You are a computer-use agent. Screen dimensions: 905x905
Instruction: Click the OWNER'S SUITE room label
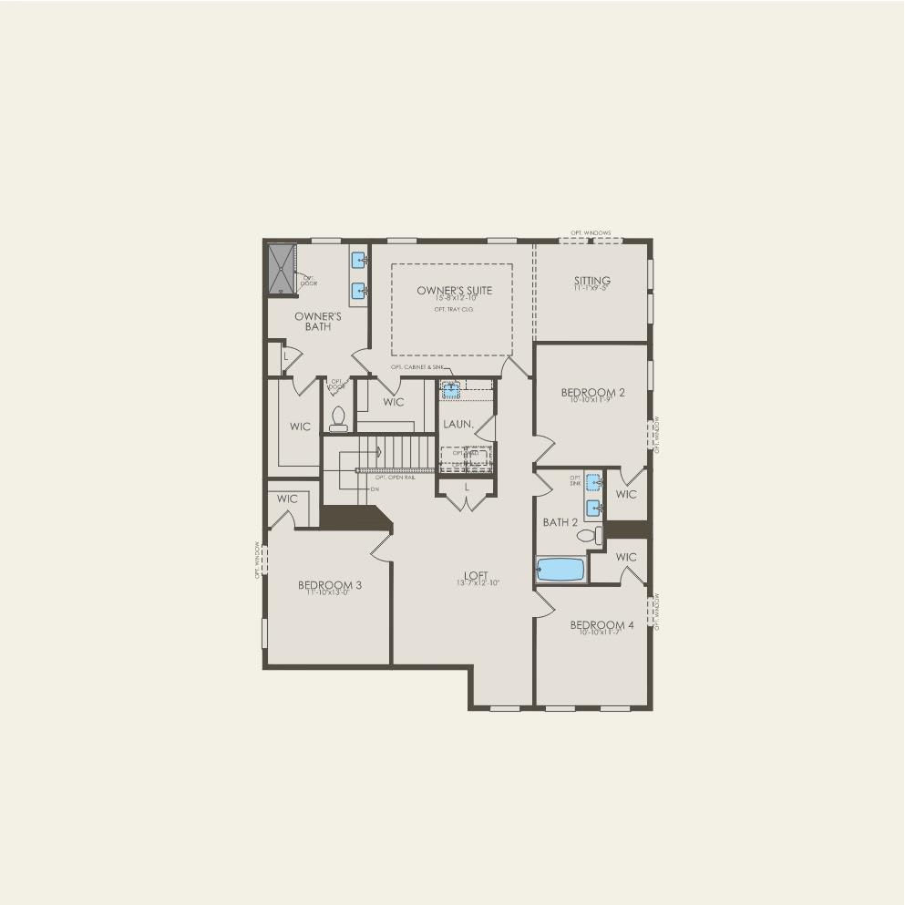point(454,291)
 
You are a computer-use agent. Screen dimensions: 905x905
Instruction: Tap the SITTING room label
point(591,281)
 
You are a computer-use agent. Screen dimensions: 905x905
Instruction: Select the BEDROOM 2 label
point(592,393)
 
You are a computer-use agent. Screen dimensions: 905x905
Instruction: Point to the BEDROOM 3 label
point(330,585)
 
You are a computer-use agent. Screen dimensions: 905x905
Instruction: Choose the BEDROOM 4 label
point(602,625)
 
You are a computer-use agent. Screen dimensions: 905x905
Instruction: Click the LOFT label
point(476,576)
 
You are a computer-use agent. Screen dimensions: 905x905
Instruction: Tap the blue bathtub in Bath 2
point(560,570)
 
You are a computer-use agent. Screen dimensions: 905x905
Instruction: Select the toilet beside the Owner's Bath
point(339,418)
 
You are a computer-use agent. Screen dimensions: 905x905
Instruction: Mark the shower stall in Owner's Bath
point(281,268)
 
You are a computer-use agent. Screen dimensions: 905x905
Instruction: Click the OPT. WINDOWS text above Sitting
point(591,233)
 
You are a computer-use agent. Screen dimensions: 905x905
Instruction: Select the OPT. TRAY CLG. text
point(454,310)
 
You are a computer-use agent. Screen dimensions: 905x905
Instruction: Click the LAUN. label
point(458,425)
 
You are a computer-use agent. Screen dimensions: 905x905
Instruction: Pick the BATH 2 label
point(560,522)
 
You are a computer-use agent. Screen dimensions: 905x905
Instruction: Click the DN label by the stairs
point(375,489)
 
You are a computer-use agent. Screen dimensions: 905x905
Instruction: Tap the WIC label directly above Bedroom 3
point(287,499)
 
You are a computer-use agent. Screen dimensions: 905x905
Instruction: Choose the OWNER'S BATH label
point(317,322)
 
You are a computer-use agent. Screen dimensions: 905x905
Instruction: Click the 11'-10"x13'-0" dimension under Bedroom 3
point(330,593)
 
